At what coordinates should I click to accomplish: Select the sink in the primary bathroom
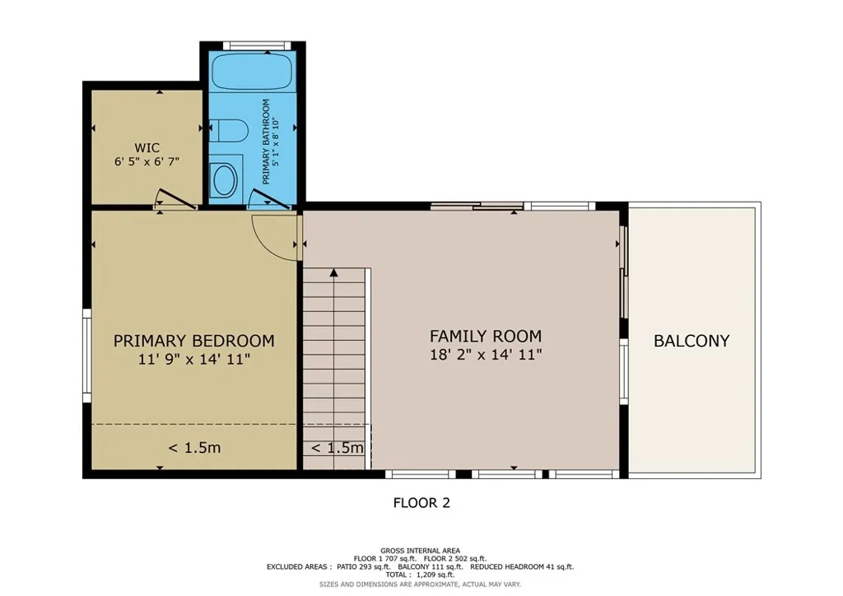click(x=223, y=177)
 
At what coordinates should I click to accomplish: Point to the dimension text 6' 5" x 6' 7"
click(x=147, y=162)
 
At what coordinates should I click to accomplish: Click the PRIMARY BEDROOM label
click(x=193, y=341)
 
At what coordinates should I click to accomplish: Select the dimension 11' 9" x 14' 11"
click(x=193, y=359)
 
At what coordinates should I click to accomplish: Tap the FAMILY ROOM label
click(x=486, y=336)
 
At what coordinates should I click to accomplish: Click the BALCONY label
click(x=692, y=341)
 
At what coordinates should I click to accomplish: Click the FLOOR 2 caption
click(x=421, y=502)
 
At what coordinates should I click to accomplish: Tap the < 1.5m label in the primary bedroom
click(x=194, y=449)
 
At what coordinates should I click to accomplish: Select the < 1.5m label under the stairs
click(x=336, y=449)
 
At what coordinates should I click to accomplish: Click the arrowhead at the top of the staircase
click(x=333, y=272)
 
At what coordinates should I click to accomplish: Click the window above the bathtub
click(x=254, y=45)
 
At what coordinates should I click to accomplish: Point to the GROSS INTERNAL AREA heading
click(x=420, y=551)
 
